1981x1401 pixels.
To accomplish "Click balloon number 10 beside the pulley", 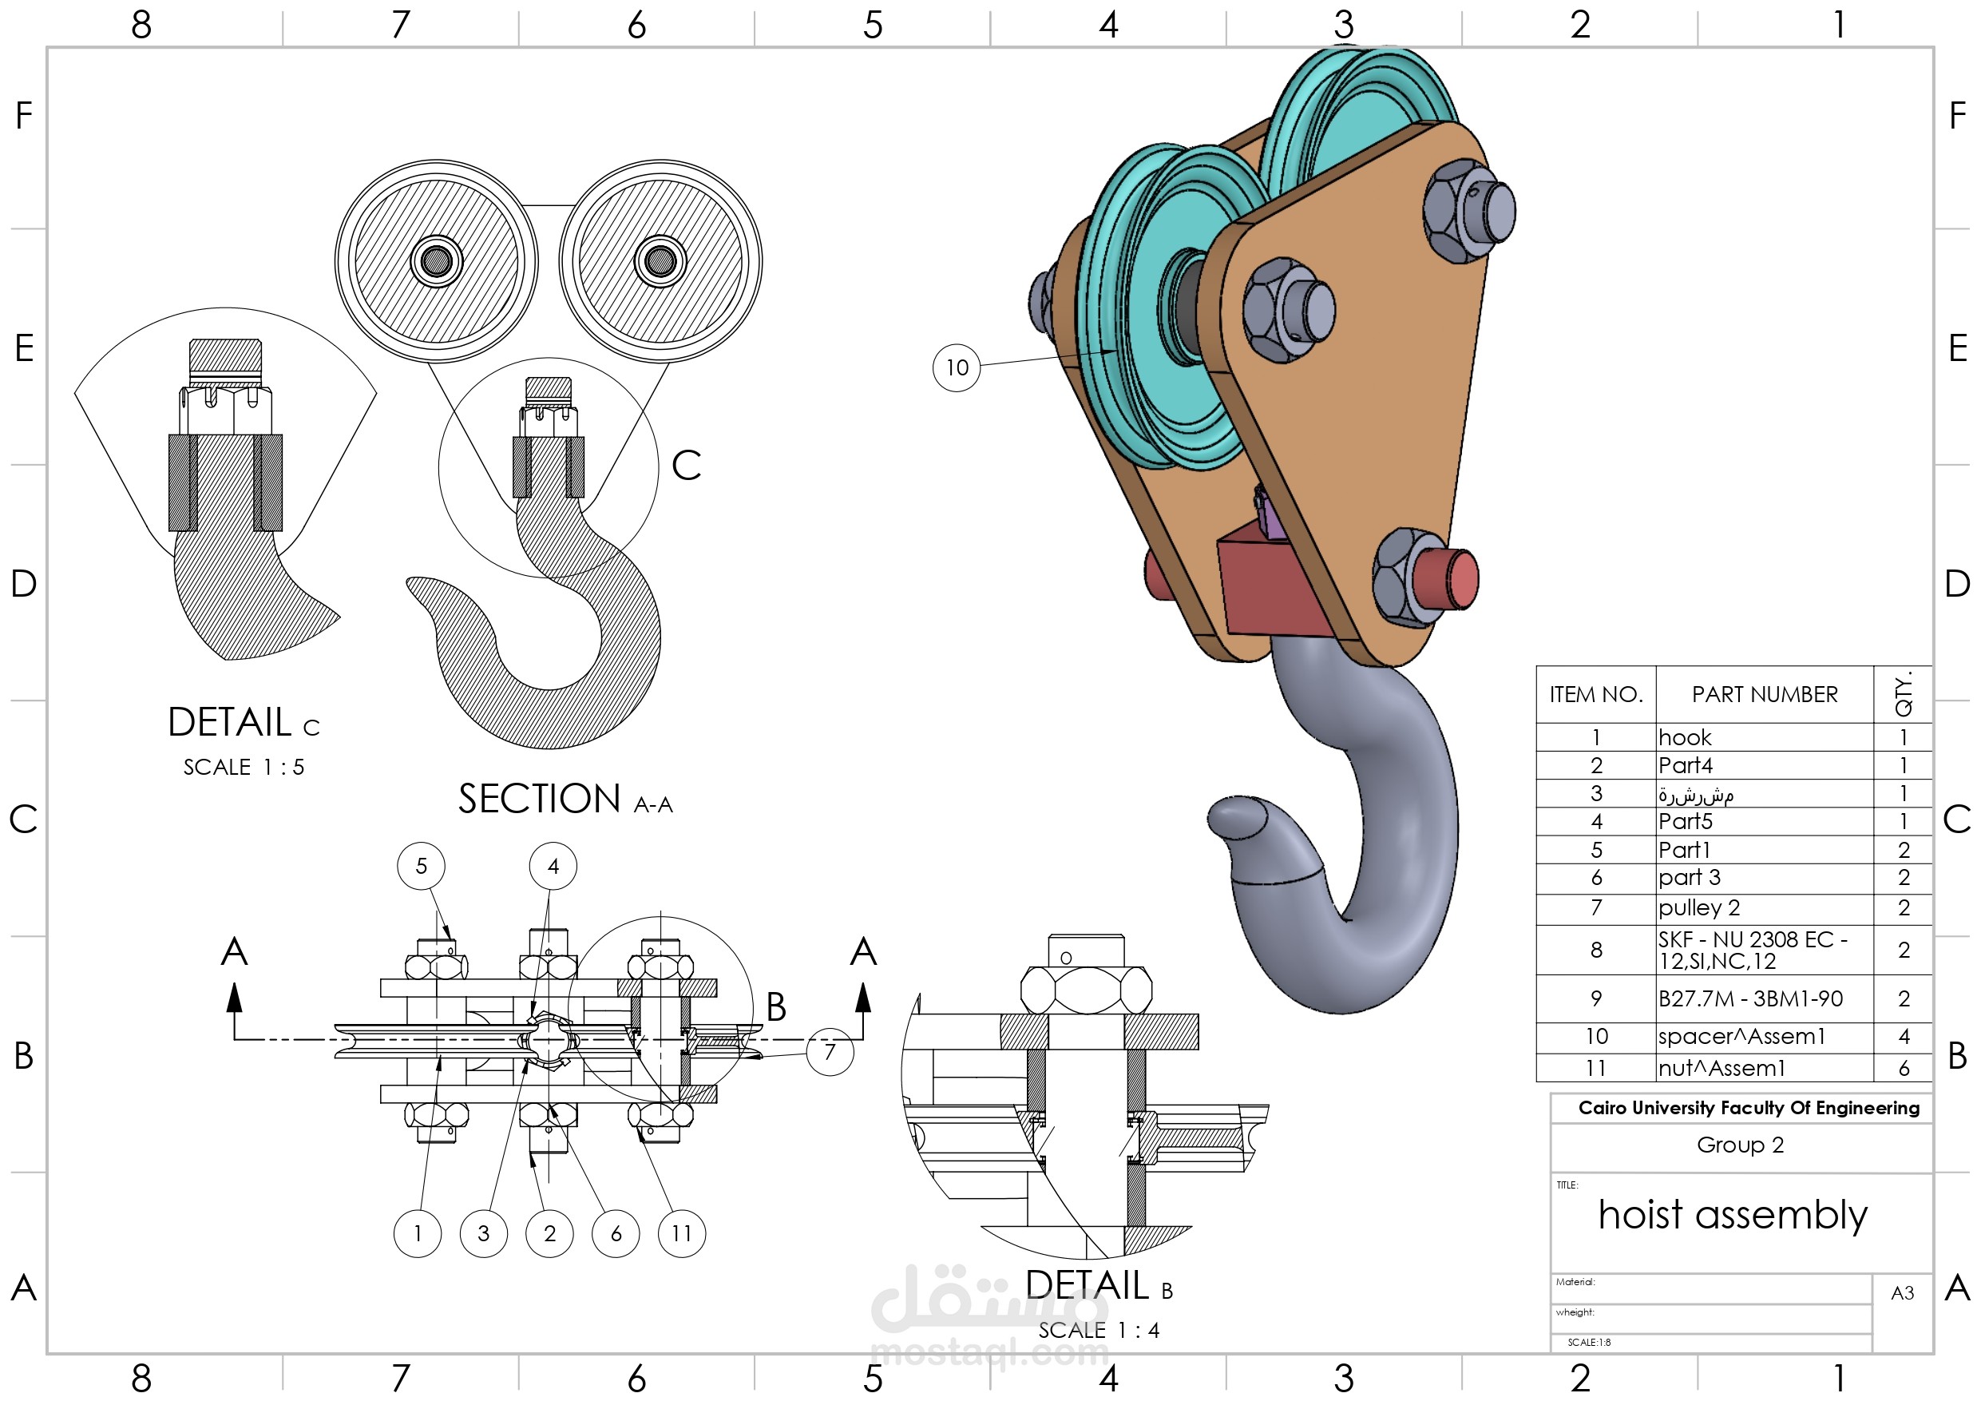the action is (956, 367).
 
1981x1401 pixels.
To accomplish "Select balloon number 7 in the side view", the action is (830, 1051).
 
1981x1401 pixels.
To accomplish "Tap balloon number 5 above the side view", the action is (421, 866).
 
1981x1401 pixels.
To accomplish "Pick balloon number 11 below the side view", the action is (682, 1233).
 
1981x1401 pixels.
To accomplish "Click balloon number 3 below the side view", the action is (484, 1233).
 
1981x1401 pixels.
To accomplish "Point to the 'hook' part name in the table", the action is (1684, 737).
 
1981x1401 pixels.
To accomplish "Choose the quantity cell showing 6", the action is (1904, 1068).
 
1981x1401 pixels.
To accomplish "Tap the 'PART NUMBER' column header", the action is (1765, 694).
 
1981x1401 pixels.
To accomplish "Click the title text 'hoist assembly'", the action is (1733, 1215).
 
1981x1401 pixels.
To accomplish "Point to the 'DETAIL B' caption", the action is (1099, 1285).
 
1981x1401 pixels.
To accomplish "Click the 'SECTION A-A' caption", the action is (565, 800).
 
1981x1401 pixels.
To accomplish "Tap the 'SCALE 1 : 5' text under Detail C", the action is (244, 767).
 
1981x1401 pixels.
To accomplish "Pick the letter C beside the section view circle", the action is (686, 466).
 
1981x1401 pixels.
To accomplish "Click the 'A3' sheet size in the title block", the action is (1902, 1293).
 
